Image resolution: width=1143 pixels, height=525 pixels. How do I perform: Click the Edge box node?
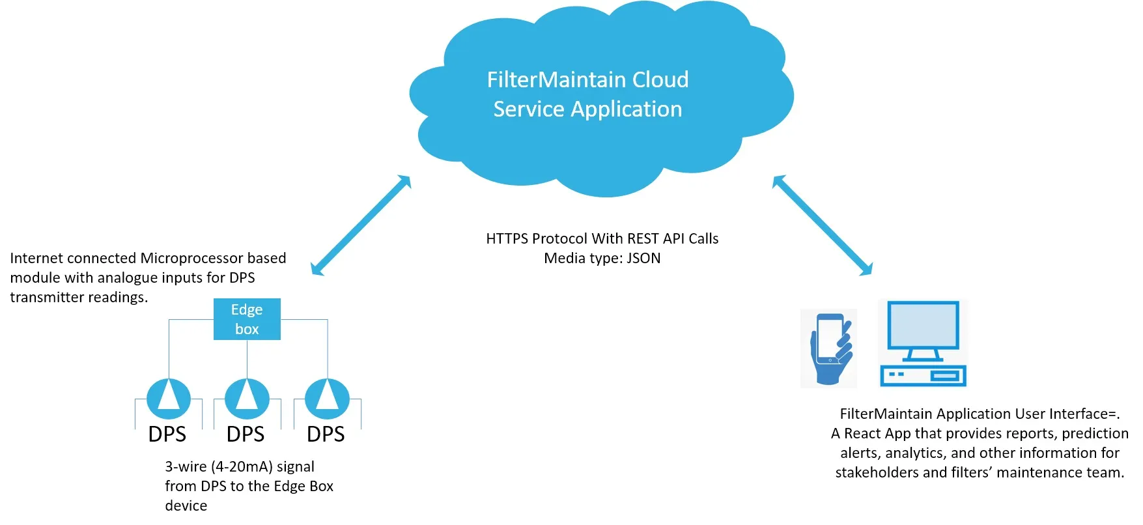pos(247,319)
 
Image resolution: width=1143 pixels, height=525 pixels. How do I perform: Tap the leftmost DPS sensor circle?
pos(169,398)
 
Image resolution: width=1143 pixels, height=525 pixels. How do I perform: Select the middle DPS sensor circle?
pos(247,398)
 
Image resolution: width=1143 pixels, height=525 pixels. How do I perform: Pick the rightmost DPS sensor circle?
pos(327,398)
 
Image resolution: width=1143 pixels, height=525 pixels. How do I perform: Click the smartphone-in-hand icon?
pos(829,348)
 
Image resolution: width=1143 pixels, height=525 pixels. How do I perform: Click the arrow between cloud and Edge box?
pos(361,225)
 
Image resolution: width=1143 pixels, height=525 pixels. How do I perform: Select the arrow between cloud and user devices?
pos(822,225)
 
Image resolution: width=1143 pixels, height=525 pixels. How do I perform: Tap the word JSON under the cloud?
pos(643,259)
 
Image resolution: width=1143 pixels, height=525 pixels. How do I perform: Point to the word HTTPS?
pos(507,239)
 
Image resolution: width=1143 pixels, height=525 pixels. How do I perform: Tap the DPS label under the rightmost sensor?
pos(326,434)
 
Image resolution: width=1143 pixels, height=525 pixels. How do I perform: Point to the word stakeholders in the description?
pos(877,473)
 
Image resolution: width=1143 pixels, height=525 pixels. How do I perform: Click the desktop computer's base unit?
pos(923,375)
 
